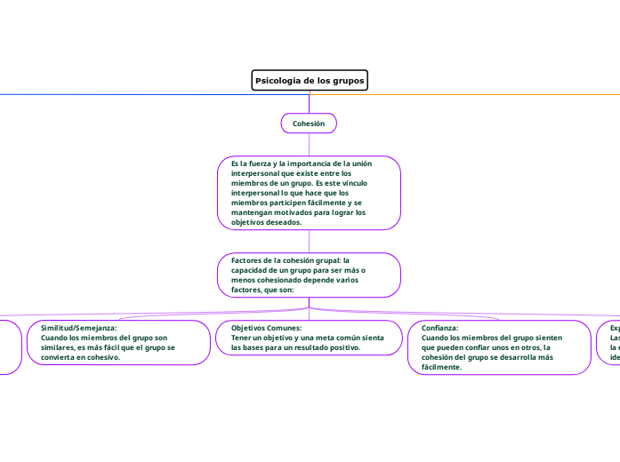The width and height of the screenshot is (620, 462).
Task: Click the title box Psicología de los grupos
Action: (x=309, y=81)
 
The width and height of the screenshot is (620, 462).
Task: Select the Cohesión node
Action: (x=309, y=123)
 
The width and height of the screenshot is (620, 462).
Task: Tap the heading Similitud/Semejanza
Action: (x=79, y=328)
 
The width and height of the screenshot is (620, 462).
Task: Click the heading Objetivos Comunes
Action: (x=260, y=328)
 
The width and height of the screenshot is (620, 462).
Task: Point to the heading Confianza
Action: (x=439, y=328)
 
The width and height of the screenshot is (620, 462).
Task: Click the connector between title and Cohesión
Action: (x=309, y=101)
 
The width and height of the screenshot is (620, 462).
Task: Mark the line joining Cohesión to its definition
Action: (x=309, y=144)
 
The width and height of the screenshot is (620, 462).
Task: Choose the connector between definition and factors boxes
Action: (x=309, y=241)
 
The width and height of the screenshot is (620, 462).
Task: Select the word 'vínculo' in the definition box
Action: (x=373, y=183)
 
